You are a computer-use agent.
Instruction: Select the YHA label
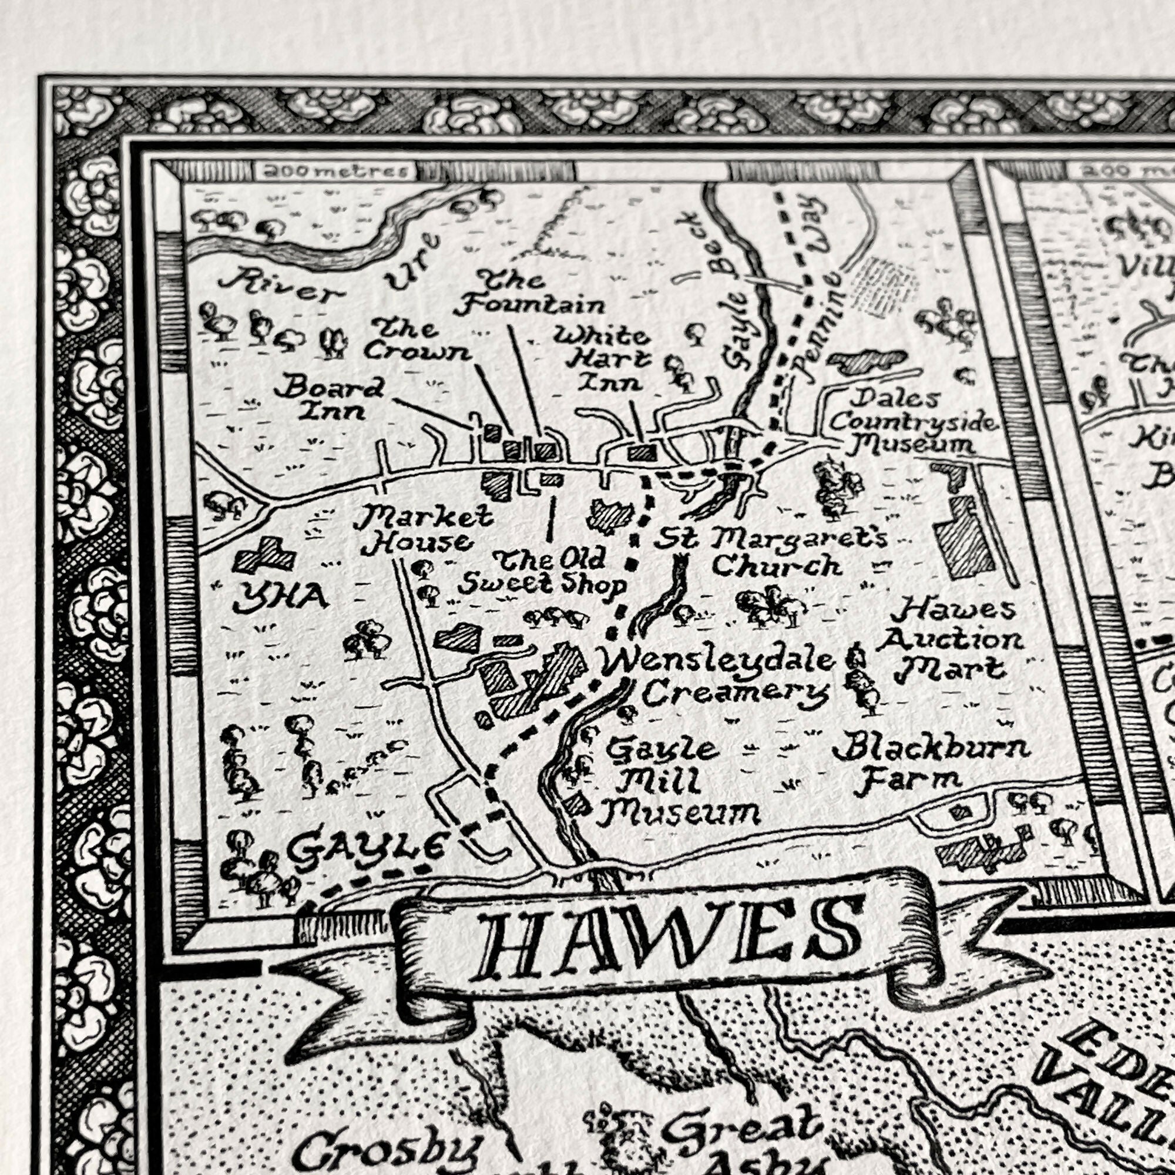pyautogui.click(x=281, y=599)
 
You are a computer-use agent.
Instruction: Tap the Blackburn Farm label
pyautogui.click(x=931, y=763)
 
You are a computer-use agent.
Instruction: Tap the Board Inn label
pyautogui.click(x=328, y=398)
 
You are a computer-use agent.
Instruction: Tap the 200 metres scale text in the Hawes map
pyautogui.click(x=334, y=172)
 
